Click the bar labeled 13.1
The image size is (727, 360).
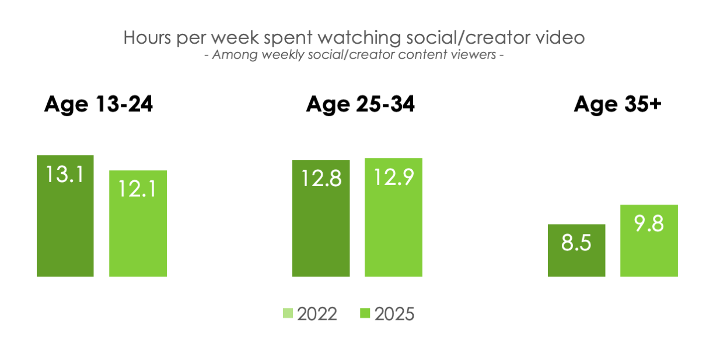[x=65, y=216]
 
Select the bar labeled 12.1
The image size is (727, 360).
[x=138, y=223]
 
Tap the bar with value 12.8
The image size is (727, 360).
[x=321, y=218]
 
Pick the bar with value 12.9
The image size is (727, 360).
[x=393, y=218]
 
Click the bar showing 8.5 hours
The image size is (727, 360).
[x=576, y=250]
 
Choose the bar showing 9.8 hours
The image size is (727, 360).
[x=649, y=240]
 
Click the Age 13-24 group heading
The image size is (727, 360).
[x=99, y=104]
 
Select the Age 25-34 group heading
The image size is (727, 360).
[x=360, y=104]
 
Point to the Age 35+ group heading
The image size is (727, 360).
[x=617, y=104]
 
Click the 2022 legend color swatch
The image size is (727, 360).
[x=288, y=313]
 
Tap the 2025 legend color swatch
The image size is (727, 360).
[x=365, y=313]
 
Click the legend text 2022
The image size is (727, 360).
[x=317, y=314]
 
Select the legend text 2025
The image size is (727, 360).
[x=394, y=314]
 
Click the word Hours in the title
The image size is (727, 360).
[x=147, y=37]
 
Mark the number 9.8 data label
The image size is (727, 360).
[x=649, y=223]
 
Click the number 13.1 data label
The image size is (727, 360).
[x=65, y=174]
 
